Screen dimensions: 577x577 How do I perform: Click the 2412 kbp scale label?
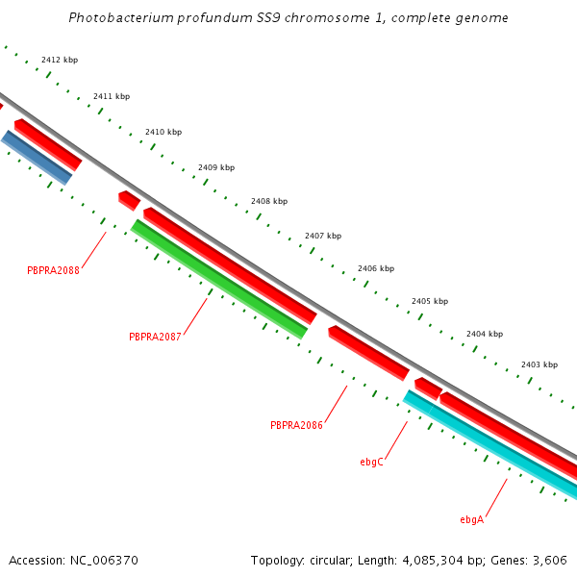pyautogui.click(x=60, y=60)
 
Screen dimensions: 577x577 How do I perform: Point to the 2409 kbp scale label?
pyautogui.click(x=216, y=167)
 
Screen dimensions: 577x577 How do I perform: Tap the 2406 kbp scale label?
pyautogui.click(x=375, y=269)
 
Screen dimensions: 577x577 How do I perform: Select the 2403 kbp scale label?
pyautogui.click(x=539, y=364)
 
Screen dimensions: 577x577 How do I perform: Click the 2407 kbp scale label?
pyautogui.click(x=323, y=236)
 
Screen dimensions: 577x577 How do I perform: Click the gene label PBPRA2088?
pyautogui.click(x=53, y=270)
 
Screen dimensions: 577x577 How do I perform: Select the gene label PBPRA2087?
pyautogui.click(x=155, y=337)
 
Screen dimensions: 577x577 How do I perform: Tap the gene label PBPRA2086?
pyautogui.click(x=296, y=425)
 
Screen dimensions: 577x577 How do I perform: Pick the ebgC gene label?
pyautogui.click(x=372, y=462)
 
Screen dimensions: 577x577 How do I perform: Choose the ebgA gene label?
pyautogui.click(x=471, y=519)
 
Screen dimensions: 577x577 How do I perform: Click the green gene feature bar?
pyautogui.click(x=219, y=280)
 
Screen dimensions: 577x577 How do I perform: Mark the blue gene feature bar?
pyautogui.click(x=38, y=158)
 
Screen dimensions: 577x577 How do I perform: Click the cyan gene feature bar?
pyautogui.click(x=490, y=445)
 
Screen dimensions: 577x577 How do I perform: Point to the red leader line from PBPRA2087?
pyautogui.click(x=195, y=316)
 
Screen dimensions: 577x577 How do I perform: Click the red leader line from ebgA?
pyautogui.click(x=496, y=497)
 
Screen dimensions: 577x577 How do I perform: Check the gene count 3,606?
pyautogui.click(x=548, y=560)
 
